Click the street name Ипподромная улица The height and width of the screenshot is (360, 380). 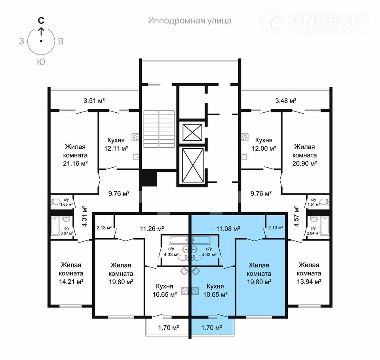point(190,21)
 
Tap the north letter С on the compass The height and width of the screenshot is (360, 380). point(41,21)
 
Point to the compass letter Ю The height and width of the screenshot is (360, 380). point(41,62)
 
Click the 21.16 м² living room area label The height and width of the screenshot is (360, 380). point(75,163)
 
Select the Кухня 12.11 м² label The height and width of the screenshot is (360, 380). point(116,144)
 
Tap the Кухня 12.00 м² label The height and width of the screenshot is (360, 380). point(264,144)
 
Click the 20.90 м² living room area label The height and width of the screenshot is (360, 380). point(305,163)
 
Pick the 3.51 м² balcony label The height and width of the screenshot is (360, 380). point(94,100)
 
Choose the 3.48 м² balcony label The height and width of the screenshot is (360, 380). point(286,100)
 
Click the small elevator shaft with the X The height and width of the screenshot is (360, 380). point(192,132)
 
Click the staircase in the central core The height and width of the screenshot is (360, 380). point(159,129)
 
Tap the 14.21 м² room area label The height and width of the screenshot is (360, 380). point(71,282)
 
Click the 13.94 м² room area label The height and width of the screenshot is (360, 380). point(309,282)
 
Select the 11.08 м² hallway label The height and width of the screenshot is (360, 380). point(228,228)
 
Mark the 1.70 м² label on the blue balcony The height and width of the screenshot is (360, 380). point(211,328)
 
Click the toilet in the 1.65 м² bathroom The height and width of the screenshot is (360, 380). point(55,202)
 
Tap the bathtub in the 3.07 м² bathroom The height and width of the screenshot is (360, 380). point(55,226)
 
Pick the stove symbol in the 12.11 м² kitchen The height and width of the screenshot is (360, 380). point(135,137)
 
